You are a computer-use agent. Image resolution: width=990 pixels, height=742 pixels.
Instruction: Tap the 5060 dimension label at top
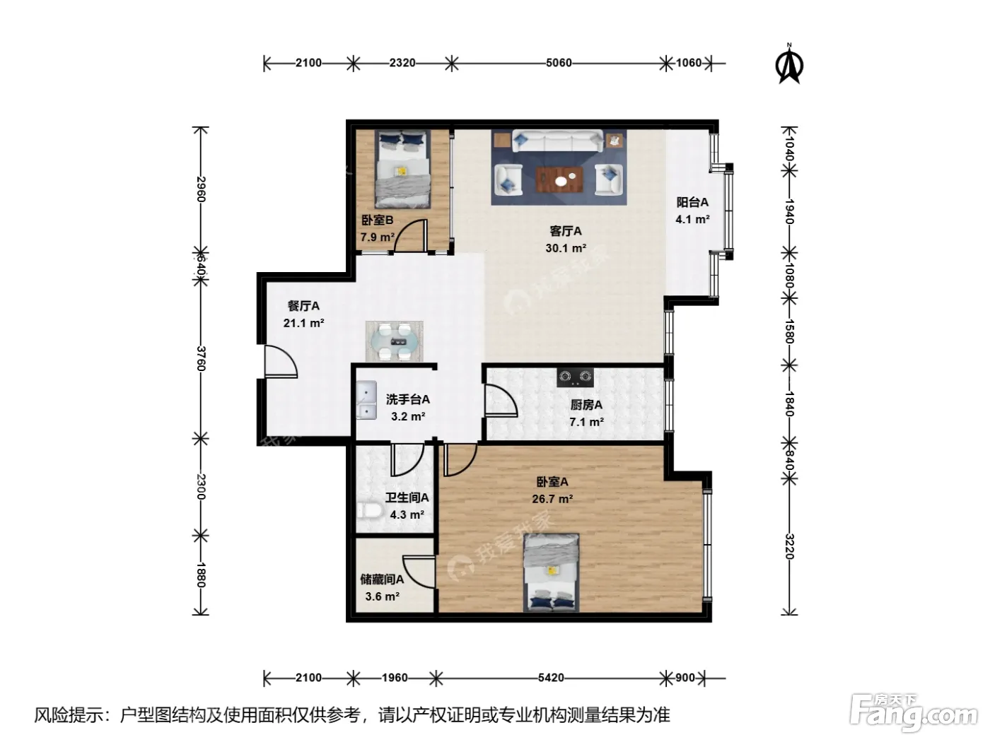coord(559,63)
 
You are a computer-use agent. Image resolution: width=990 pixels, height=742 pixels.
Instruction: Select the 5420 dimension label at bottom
coord(551,678)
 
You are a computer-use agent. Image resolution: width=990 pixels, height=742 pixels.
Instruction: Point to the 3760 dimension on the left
coord(201,358)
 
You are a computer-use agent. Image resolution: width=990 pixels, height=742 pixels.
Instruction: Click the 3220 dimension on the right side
coord(789,546)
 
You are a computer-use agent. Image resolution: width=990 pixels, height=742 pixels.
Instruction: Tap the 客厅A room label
coord(565,231)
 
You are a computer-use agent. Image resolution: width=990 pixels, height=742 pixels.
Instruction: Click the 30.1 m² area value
coord(566,248)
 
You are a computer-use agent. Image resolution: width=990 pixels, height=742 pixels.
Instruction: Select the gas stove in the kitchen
coord(575,377)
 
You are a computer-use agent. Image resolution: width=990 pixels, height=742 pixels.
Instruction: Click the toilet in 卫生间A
coord(370,511)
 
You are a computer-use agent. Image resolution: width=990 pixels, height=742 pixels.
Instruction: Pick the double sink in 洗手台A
coord(366,400)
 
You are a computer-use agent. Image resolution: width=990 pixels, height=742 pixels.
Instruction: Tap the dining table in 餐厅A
coord(394,341)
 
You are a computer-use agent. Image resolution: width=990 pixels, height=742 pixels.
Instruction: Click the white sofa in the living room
coord(557,141)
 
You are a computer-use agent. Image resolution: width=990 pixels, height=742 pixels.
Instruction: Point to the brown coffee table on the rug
coord(559,180)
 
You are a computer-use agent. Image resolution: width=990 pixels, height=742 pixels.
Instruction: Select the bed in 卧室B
coord(402,169)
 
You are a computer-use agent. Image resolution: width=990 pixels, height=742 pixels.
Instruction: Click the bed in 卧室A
coord(551,572)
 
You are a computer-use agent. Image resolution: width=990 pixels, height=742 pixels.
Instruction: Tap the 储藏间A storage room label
coord(382,579)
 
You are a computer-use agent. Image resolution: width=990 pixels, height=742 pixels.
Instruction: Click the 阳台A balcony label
coord(692,202)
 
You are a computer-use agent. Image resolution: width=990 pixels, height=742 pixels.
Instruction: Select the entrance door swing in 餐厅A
coord(280,361)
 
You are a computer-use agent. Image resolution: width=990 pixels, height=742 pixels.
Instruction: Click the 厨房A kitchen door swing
coord(500,400)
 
